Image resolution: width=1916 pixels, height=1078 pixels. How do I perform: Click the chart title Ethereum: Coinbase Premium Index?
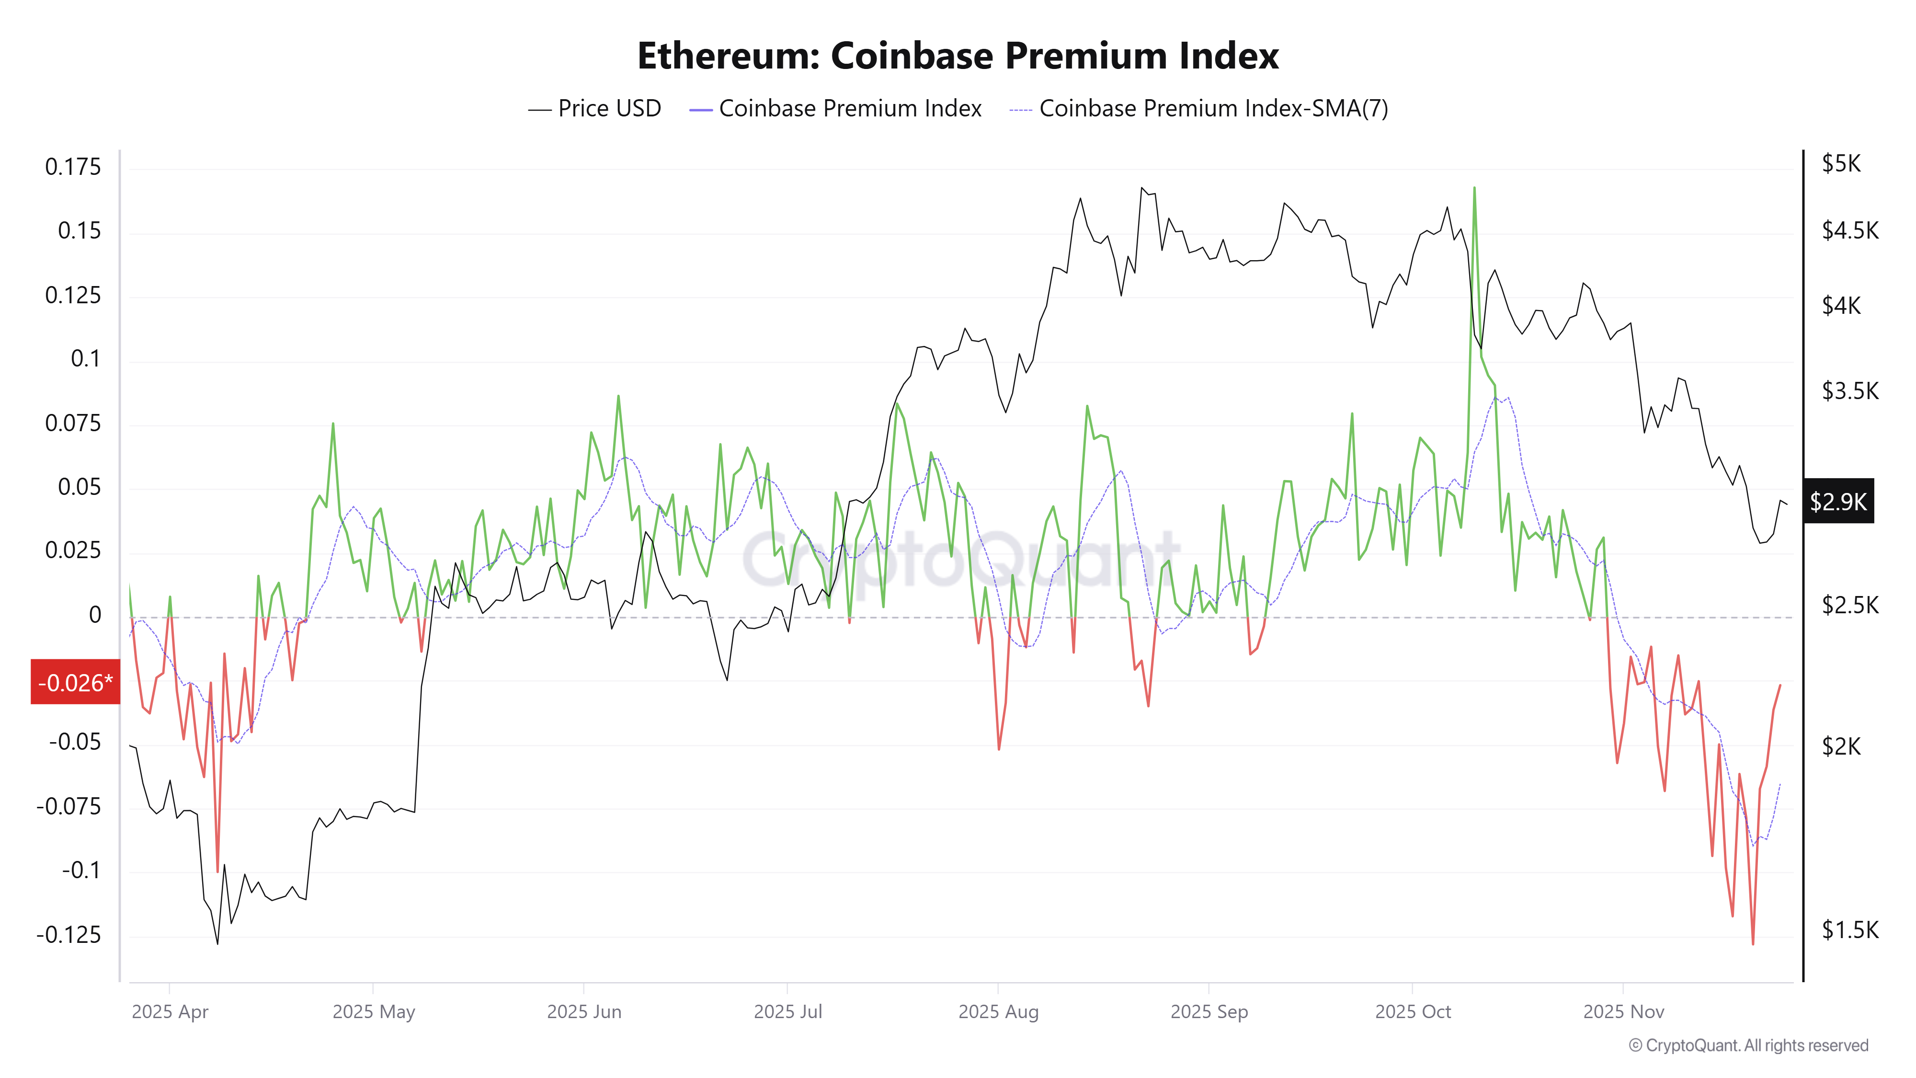click(958, 56)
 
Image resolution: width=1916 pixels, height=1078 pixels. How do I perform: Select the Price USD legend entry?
click(595, 109)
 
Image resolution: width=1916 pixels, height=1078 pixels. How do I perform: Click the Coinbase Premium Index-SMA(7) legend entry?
click(1199, 109)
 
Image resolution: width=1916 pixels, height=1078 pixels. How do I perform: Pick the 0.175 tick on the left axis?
click(73, 167)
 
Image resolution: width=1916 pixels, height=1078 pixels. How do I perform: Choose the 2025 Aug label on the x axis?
click(998, 1012)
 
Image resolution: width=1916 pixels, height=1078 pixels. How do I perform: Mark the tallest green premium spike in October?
click(1474, 188)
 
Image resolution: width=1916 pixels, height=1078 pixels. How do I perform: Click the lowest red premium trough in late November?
click(1753, 944)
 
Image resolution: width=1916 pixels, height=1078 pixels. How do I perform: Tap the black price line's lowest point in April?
click(217, 943)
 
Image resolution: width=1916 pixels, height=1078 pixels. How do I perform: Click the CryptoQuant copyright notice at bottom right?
click(1748, 1045)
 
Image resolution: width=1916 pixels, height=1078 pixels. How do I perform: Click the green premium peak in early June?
click(618, 397)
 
